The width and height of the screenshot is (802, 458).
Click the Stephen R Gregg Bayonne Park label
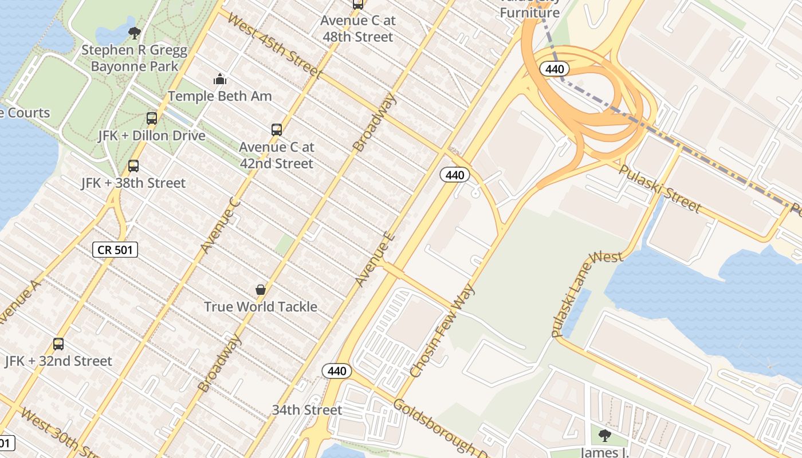coord(134,58)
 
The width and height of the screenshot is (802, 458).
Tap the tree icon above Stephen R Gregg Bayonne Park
coord(135,33)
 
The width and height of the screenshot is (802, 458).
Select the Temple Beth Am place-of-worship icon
coord(220,79)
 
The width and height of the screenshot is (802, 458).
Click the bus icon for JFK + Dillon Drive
coord(152,119)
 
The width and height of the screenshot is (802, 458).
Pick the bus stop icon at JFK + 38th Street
coord(133,166)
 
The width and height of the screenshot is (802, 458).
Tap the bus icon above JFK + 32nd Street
coord(58,344)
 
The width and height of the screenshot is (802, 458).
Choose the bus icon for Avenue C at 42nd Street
coord(277,130)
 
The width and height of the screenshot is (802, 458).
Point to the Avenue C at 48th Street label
coord(358,29)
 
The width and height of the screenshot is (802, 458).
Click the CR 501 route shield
coord(115,250)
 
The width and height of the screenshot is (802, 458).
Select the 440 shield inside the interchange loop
coord(555,69)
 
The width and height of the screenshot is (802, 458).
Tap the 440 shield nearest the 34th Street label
coord(337,371)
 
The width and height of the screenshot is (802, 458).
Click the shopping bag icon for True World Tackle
coord(261,290)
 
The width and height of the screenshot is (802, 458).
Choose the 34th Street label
coord(306,410)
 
